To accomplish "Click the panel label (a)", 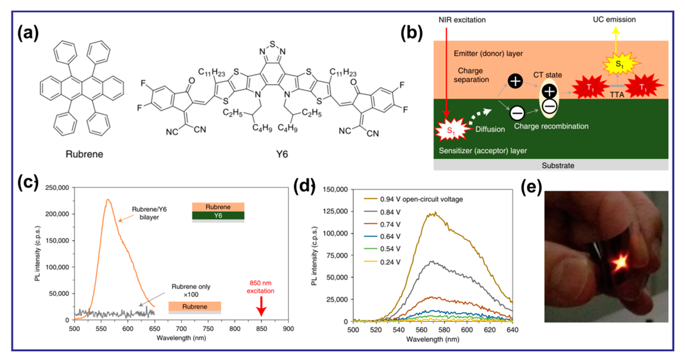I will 28,33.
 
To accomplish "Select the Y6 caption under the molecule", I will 282,154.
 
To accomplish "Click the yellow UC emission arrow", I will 615,40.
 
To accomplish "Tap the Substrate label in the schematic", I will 558,165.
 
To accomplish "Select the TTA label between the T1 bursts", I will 617,95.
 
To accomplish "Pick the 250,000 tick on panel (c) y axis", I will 57,188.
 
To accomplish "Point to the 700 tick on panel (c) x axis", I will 181,328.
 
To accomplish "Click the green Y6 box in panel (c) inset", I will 218,215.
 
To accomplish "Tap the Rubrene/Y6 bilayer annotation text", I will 149,213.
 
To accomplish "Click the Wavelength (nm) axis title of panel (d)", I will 433,339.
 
